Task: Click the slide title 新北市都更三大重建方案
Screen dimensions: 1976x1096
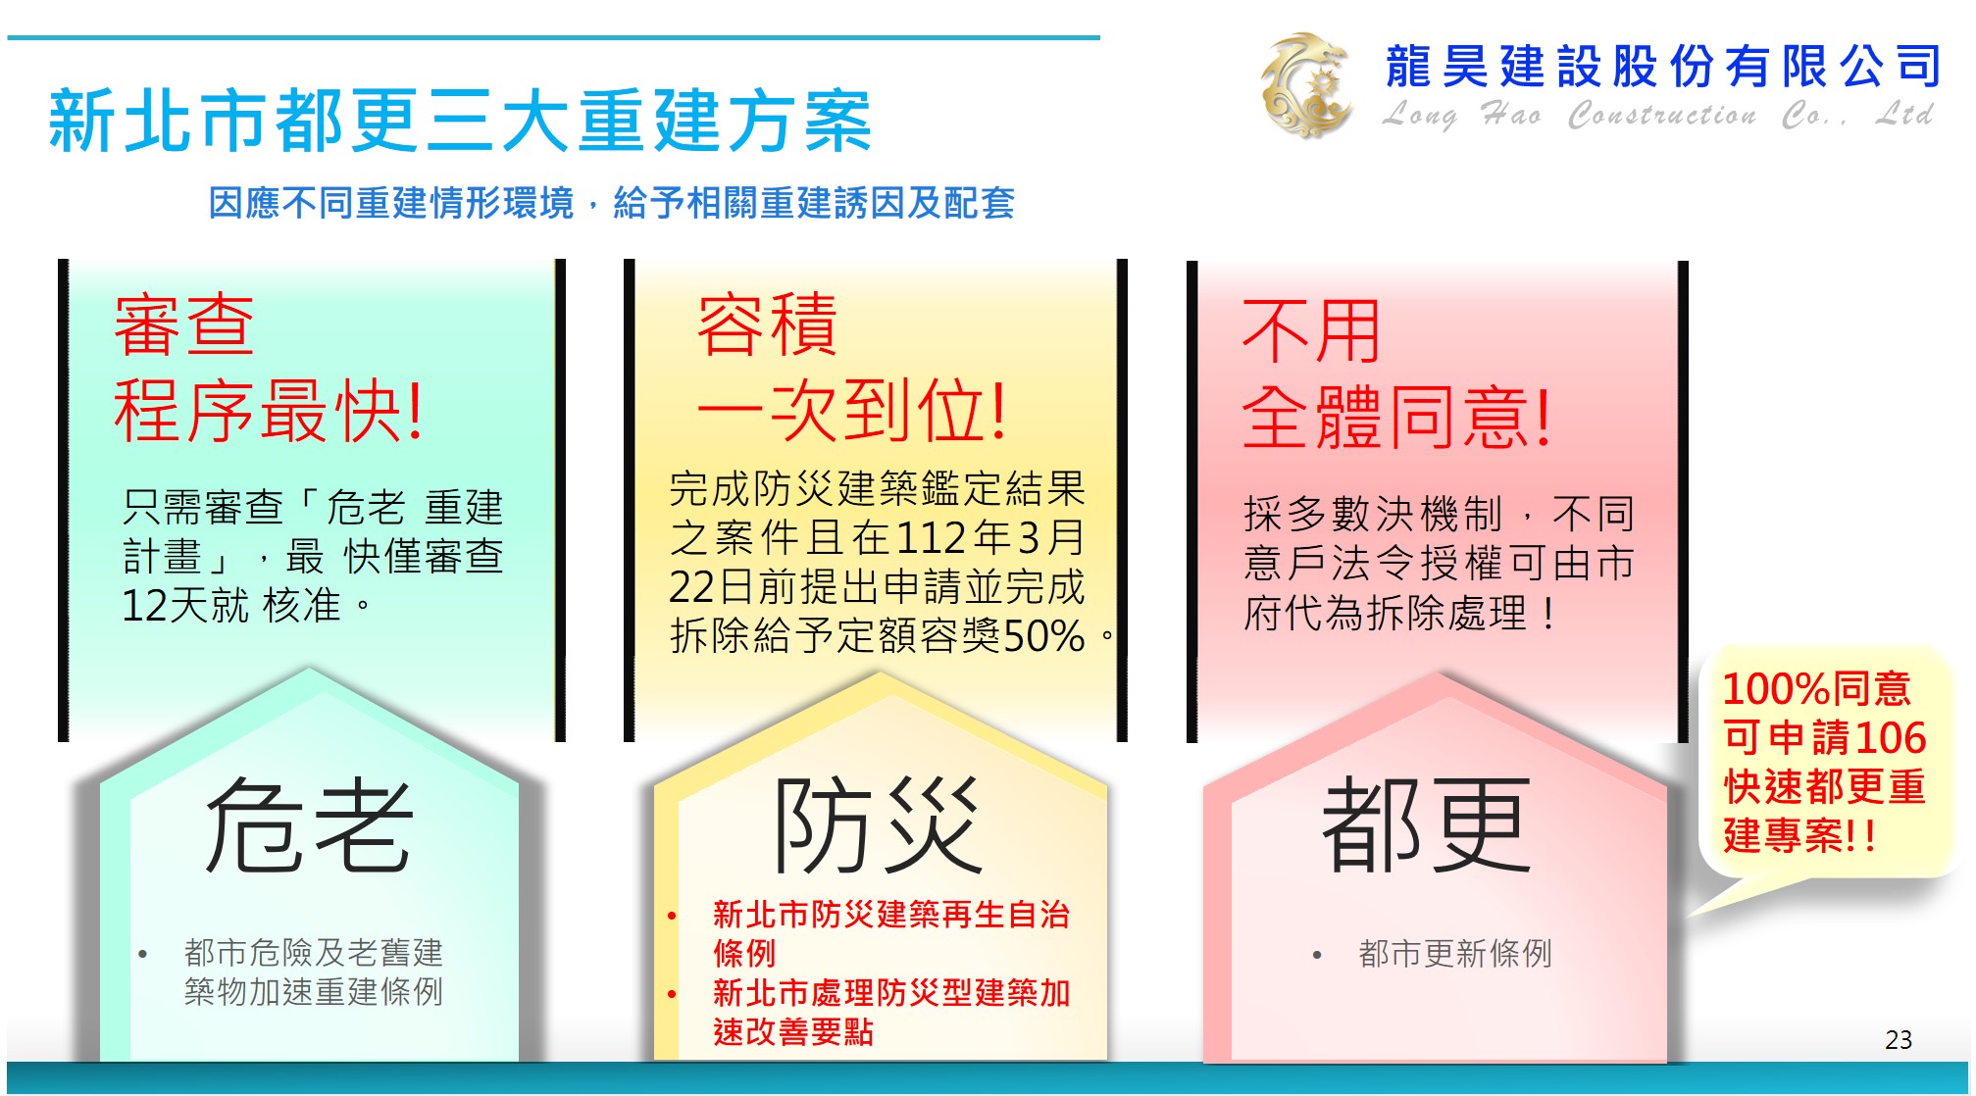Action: [460, 121]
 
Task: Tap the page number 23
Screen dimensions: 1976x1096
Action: [1899, 1039]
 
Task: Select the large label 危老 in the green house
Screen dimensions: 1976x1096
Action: [309, 825]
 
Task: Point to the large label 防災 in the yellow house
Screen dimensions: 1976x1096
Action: [878, 825]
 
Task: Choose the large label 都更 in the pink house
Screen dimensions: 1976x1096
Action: [1427, 825]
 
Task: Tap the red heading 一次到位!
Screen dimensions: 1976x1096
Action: [852, 410]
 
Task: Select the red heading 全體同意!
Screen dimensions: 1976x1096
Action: [1396, 417]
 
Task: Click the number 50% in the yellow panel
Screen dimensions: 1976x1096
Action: [1044, 636]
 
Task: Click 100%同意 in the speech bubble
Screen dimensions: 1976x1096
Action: [1816, 688]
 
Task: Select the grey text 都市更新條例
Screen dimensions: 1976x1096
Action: [1455, 953]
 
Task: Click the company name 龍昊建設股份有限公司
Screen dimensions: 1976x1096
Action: [1663, 67]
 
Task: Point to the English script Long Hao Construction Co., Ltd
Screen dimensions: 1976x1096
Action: [1658, 116]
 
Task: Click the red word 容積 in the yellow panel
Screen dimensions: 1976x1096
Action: [767, 324]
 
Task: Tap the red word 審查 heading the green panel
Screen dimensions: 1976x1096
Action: [184, 324]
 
